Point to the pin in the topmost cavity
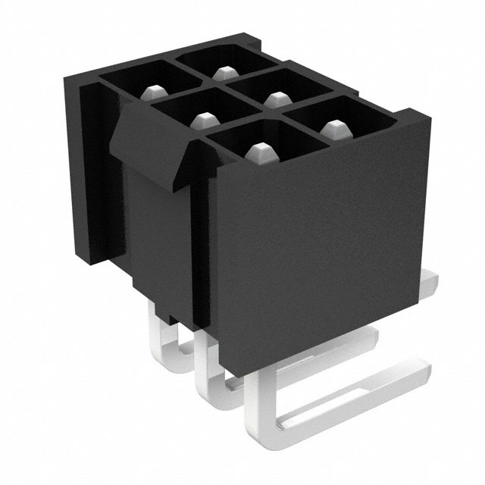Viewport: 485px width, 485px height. [222, 73]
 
